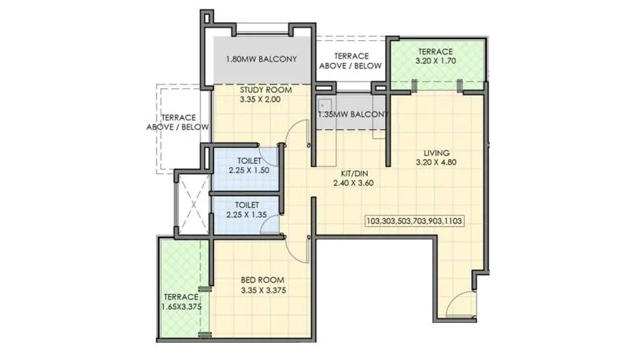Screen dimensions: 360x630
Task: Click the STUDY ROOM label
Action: point(265,91)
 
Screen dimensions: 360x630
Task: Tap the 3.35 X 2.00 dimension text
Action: point(265,101)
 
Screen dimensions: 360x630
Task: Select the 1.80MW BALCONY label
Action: point(261,59)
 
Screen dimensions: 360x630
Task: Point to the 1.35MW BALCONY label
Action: point(354,115)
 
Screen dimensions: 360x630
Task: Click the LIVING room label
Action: point(435,153)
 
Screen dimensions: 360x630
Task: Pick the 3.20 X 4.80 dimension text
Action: point(435,163)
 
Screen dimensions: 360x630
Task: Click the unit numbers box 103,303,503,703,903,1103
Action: point(413,221)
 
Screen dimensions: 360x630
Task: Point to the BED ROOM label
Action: point(263,280)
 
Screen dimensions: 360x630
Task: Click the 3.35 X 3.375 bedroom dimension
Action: point(263,290)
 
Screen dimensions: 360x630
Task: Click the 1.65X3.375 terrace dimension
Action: point(181,307)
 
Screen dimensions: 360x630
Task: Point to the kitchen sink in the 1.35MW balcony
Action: point(324,106)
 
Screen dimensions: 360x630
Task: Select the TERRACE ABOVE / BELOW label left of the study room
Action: point(178,121)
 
